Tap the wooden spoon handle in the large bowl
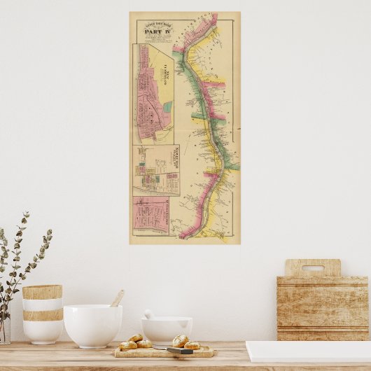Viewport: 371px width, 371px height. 117,299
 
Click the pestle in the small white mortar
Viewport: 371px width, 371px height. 148,314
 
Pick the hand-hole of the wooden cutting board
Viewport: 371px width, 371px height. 312,268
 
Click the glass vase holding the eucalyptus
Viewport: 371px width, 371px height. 5,329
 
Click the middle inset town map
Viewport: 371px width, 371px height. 156,170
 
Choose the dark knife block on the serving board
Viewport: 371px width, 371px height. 179,350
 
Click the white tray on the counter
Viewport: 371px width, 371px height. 308,351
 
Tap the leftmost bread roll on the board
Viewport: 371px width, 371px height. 128,345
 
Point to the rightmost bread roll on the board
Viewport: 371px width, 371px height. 191,344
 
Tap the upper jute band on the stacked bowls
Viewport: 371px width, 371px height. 42,292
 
